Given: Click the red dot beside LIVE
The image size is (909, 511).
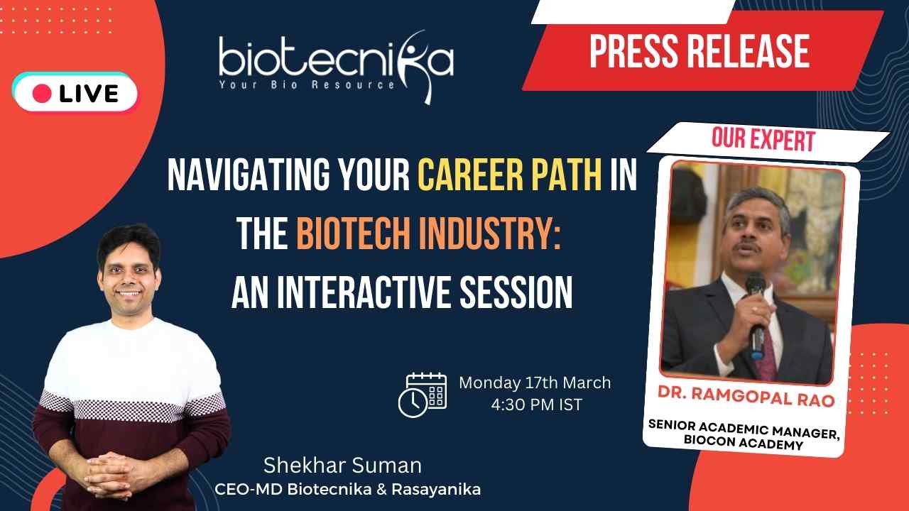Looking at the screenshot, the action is point(42,94).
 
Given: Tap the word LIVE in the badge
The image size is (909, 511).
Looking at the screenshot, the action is point(89,94).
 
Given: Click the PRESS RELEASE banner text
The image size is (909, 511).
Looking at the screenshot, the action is point(700,51).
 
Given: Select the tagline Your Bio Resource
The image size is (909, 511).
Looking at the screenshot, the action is point(307,84).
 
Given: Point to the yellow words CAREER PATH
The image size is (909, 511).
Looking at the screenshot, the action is point(510,175).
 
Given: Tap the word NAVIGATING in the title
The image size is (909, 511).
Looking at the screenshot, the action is point(249,175).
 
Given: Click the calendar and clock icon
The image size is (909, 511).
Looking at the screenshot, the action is point(423,395).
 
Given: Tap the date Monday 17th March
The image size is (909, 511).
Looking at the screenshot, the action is point(535,383).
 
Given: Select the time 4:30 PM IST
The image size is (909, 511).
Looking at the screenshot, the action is point(536,405).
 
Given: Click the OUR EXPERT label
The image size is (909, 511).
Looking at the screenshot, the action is point(763,140).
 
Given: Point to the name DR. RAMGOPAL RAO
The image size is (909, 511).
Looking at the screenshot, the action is point(746,397).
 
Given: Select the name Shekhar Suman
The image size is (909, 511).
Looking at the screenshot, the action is point(342,465).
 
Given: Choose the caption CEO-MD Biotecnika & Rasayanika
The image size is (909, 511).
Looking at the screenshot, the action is point(347,489).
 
